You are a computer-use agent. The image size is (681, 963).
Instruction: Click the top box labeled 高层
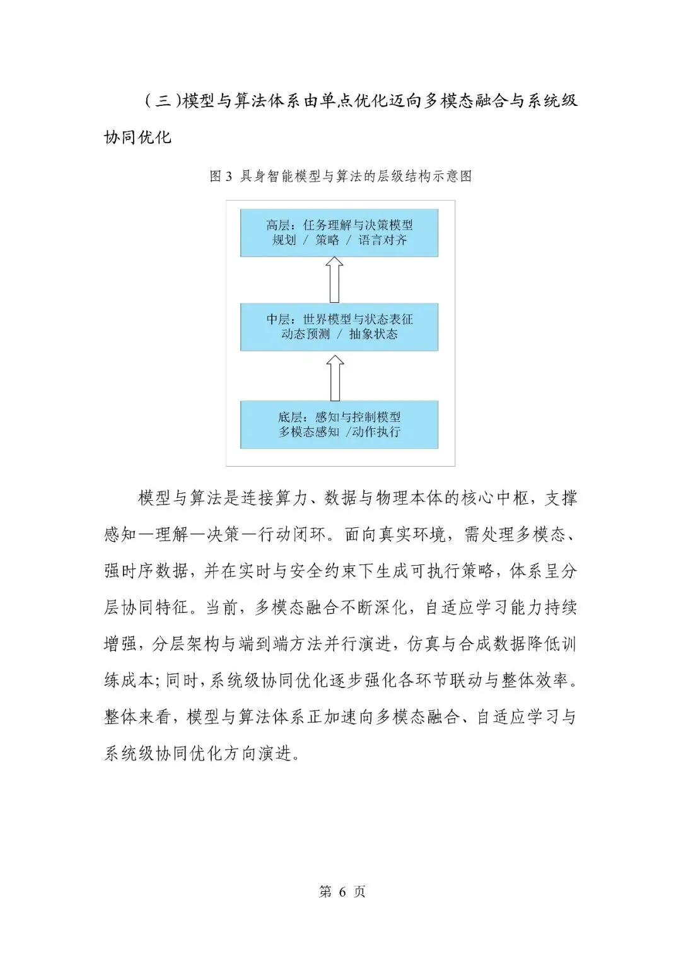tap(339, 233)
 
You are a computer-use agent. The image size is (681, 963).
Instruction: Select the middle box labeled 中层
tap(339, 327)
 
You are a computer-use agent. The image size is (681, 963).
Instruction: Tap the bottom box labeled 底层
tap(339, 424)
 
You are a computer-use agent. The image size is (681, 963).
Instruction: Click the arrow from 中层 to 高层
tap(335, 280)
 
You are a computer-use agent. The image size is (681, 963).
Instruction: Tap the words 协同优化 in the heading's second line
tap(137, 137)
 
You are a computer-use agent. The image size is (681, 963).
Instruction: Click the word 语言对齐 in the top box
tap(383, 240)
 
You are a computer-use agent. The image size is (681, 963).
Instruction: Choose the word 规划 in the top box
tap(284, 240)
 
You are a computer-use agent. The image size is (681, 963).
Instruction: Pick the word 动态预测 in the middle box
tap(305, 334)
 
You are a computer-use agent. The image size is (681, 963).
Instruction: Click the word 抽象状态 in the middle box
tap(373, 334)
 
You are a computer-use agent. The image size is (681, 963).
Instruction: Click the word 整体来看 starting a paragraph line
tap(137, 717)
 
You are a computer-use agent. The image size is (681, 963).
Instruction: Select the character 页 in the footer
tap(359, 892)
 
